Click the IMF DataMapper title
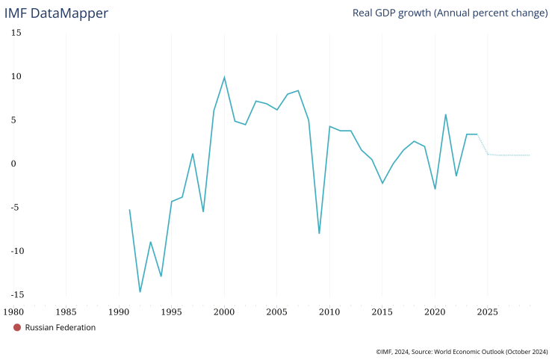point(56,13)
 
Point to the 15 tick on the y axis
point(16,33)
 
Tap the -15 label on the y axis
point(14,294)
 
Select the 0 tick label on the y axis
point(19,164)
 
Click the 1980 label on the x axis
point(13,311)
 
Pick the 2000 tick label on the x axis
point(224,311)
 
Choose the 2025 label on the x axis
point(488,311)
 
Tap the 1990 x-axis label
point(119,311)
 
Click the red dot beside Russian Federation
point(17,328)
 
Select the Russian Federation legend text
point(60,328)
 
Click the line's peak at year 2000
point(224,77)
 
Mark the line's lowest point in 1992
point(140,291)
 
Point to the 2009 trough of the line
point(319,233)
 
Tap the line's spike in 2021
point(446,114)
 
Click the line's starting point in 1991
point(129,210)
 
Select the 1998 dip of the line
point(203,211)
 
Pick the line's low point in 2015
point(382,183)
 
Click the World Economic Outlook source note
point(462,350)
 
